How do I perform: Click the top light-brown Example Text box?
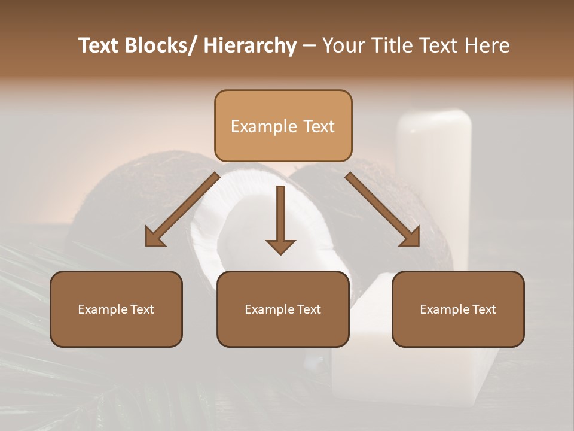click(283, 126)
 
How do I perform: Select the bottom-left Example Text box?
click(116, 309)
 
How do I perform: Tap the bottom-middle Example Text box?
click(283, 309)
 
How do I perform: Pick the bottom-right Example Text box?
click(458, 309)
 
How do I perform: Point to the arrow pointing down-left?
click(182, 210)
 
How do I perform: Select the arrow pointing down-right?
click(383, 210)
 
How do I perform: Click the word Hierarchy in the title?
click(249, 45)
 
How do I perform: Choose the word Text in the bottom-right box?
click(483, 309)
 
